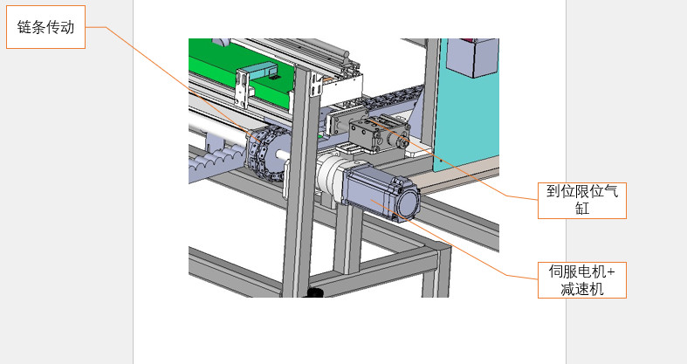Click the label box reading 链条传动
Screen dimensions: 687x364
[x=45, y=27]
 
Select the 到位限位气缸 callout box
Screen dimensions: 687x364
[x=582, y=201]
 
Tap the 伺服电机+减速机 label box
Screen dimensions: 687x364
[x=582, y=280]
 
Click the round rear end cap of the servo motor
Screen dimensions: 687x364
[x=409, y=203]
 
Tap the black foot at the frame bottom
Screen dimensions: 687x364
[x=314, y=292]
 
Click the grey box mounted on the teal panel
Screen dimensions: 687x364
[x=473, y=57]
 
